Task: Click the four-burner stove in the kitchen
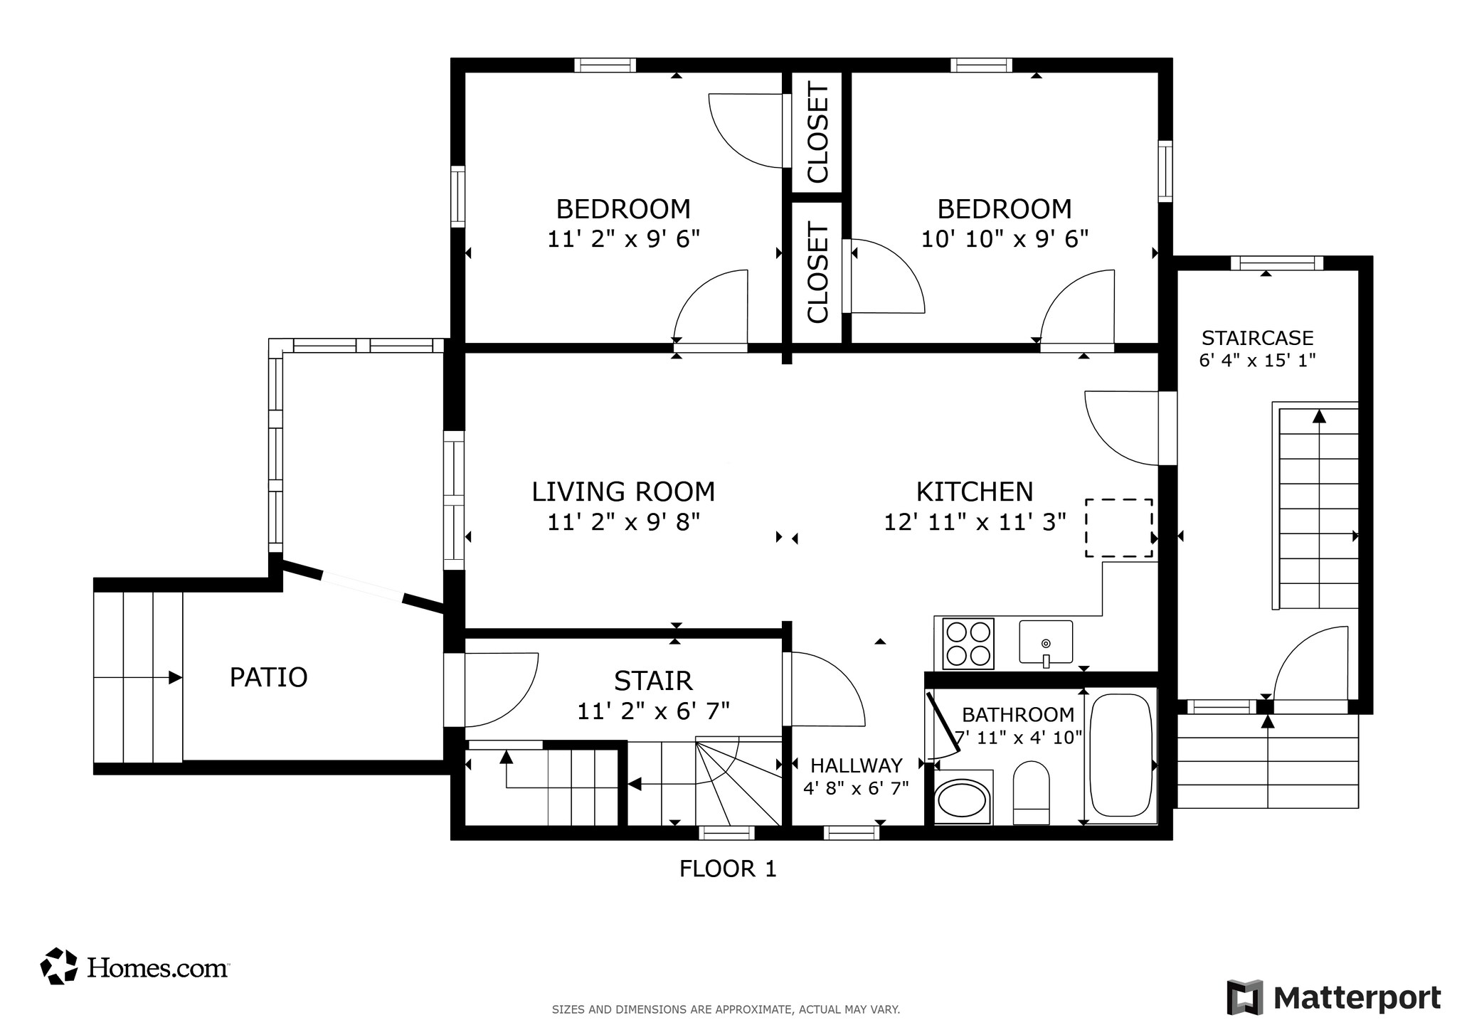click(968, 644)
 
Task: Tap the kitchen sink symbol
click(1045, 642)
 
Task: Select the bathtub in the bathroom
click(1120, 755)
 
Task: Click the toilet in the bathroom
click(1031, 792)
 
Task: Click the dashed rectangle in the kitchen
click(1118, 528)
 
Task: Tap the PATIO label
click(268, 677)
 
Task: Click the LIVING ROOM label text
click(623, 492)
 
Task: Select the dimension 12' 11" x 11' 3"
click(975, 523)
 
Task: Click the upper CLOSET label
click(817, 133)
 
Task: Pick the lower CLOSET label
click(817, 273)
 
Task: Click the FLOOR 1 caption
click(727, 869)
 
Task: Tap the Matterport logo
click(1333, 997)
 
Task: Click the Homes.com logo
click(134, 967)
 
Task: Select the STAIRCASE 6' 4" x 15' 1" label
click(1257, 349)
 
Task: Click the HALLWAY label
click(856, 765)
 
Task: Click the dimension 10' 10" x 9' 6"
click(1005, 239)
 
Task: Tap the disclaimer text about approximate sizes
click(726, 1009)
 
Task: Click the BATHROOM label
click(1018, 714)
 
